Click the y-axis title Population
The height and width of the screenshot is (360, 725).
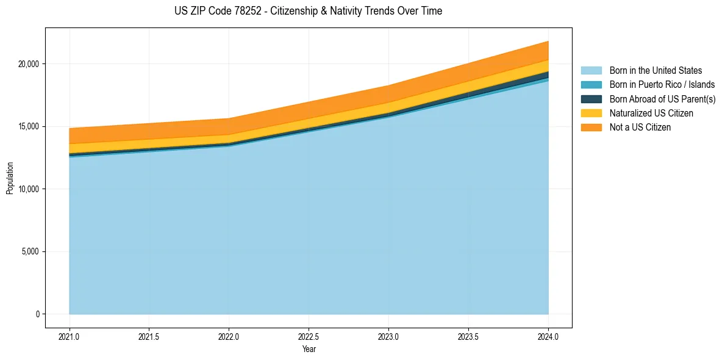tap(10, 178)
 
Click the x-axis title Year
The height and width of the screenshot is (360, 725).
tap(309, 349)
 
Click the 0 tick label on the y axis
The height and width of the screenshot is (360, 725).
tap(37, 314)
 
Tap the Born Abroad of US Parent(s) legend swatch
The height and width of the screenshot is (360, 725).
tap(591, 99)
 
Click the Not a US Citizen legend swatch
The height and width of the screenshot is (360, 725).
tap(591, 128)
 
